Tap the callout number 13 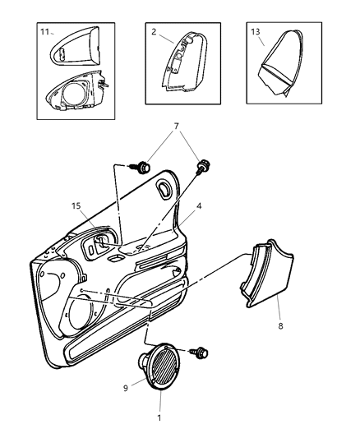(x=255, y=32)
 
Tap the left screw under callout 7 (x=143, y=168)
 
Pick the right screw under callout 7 (x=201, y=169)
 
